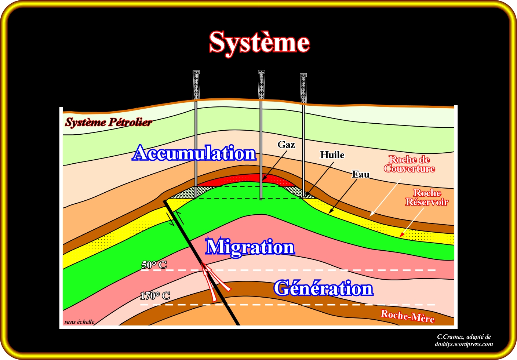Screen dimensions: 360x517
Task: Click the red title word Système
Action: (259, 42)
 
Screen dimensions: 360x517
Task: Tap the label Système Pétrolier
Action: (109, 122)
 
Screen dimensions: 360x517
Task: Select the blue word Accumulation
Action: (194, 153)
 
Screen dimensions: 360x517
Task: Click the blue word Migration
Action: (250, 247)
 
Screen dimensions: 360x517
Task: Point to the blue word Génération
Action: (323, 288)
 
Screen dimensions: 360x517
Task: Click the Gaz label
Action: (286, 145)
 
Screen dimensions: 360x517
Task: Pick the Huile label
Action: (332, 155)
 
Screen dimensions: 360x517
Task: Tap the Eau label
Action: (361, 174)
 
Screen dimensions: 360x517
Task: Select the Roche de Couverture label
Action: (409, 164)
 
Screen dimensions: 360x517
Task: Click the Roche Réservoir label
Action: (427, 197)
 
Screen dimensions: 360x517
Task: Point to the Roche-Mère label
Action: (407, 316)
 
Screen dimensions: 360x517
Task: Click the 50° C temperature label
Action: (154, 265)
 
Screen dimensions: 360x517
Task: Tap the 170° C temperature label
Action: (155, 295)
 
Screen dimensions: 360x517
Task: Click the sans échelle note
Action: (79, 322)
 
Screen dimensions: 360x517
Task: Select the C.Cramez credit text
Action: (464, 340)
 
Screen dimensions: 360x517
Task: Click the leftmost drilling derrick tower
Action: (196, 85)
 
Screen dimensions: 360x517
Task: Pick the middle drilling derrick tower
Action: (261, 85)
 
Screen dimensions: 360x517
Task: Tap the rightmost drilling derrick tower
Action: (303, 88)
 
